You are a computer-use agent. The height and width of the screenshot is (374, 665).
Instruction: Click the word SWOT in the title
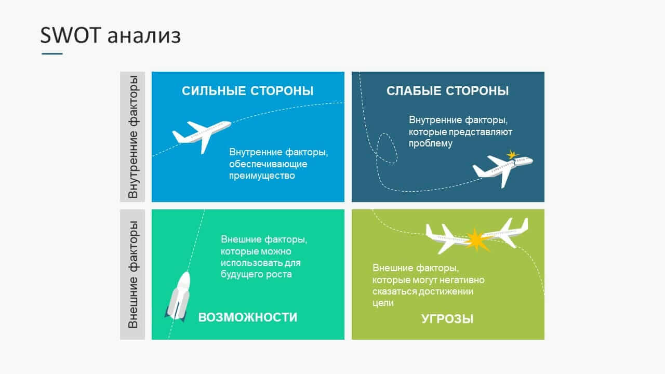(x=71, y=35)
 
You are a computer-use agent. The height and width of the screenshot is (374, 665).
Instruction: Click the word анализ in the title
(x=144, y=37)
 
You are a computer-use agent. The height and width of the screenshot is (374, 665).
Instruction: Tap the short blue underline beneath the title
(x=52, y=54)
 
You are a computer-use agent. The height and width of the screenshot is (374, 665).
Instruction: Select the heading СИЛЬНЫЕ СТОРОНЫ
(x=248, y=91)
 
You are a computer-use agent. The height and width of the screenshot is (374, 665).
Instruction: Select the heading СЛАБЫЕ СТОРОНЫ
(x=448, y=91)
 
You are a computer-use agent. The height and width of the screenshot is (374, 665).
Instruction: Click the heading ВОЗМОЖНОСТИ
(x=248, y=317)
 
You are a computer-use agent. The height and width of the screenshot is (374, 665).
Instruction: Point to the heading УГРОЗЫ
(x=447, y=319)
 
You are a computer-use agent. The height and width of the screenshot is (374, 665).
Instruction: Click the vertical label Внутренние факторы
(x=132, y=137)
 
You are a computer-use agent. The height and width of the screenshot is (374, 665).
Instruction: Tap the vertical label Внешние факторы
(x=132, y=274)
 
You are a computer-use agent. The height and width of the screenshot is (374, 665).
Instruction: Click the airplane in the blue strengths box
(x=201, y=136)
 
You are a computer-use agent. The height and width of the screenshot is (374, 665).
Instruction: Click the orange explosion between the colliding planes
(x=477, y=240)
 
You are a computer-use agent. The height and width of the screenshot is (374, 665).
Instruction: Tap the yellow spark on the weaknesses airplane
(x=512, y=155)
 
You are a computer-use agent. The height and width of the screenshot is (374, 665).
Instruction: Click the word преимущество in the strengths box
(x=262, y=176)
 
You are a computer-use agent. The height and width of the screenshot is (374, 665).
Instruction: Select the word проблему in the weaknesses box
(x=431, y=144)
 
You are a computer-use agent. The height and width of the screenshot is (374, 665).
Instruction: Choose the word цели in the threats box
(x=383, y=303)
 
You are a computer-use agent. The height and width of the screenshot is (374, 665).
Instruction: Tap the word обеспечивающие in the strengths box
(x=268, y=164)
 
